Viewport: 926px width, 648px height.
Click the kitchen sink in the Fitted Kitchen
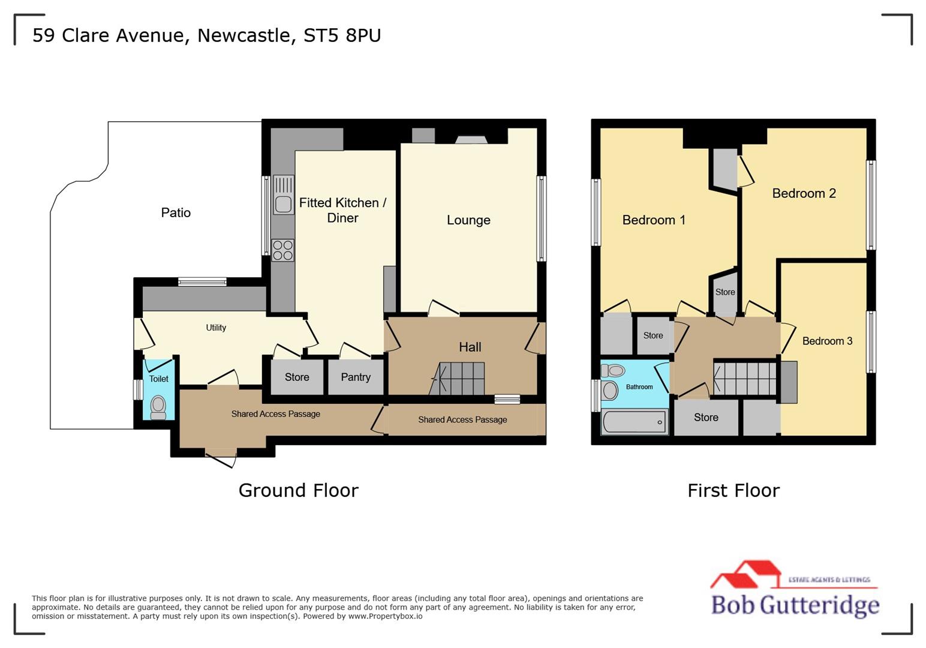pos(283,195)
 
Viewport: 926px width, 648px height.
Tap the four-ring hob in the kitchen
pos(282,250)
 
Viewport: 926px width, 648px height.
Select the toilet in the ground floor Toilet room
pos(158,406)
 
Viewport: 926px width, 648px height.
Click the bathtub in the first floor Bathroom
pos(635,422)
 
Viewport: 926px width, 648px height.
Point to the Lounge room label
pos(468,220)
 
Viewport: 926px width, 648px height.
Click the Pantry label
pos(356,377)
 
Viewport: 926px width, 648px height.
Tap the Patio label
pos(176,212)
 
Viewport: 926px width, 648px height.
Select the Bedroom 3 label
pos(827,341)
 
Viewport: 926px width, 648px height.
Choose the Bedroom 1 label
pos(654,220)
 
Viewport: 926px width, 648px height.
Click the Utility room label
pos(216,328)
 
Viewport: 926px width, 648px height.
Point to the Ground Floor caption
pos(298,490)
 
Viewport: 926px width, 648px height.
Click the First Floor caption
pos(733,490)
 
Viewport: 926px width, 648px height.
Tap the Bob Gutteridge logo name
pos(795,604)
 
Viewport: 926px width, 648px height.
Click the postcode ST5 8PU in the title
pos(342,35)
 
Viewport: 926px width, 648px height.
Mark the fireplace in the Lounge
pos(471,140)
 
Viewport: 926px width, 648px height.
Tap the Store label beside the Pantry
pos(297,377)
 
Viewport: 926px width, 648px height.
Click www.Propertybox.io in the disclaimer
pos(385,616)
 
